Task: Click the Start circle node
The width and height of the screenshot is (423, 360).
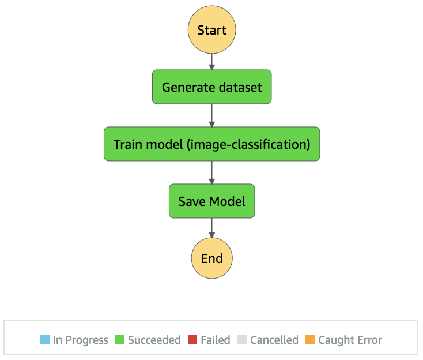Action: [x=211, y=29]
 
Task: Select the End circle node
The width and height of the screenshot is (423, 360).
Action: [x=211, y=258]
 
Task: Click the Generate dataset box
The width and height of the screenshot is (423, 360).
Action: [x=211, y=87]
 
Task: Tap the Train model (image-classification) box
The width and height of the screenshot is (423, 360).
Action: [x=211, y=144]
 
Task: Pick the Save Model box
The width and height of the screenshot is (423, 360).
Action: [x=211, y=201]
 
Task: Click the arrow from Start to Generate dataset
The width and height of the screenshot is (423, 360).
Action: [x=211, y=62]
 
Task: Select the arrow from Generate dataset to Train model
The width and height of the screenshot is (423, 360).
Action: [x=211, y=115]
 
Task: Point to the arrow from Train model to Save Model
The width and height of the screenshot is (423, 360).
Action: [x=211, y=172]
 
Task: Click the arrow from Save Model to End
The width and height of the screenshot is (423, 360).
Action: [x=211, y=228]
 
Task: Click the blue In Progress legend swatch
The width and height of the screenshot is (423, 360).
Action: [x=45, y=339]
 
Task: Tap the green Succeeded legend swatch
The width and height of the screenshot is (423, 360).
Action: [x=120, y=339]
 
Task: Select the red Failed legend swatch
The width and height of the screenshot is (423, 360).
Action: [x=192, y=339]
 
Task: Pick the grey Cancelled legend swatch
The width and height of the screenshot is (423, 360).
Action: [x=242, y=339]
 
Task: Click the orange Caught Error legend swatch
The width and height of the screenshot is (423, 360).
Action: [x=310, y=339]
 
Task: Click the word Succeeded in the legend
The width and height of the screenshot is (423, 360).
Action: [x=154, y=340]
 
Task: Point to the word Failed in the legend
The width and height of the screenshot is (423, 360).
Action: [x=216, y=340]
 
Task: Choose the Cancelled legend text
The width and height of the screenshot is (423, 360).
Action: [x=274, y=340]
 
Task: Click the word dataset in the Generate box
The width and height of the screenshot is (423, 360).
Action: [x=240, y=87]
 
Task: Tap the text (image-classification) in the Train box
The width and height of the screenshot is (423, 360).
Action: [x=248, y=144]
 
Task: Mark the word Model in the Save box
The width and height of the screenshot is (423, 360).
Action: [x=228, y=201]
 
